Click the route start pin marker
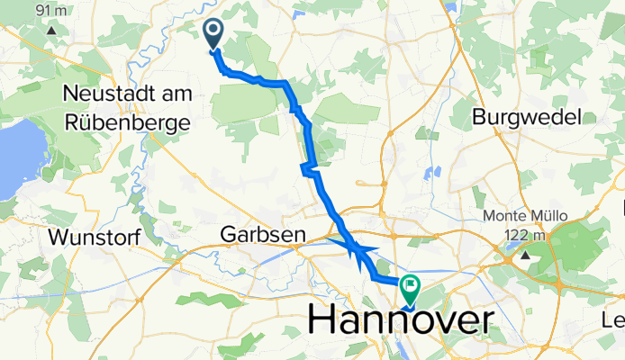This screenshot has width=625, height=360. tap(214, 35)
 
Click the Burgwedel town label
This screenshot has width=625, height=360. tap(528, 117)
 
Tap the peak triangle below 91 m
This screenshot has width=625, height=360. tap(52, 29)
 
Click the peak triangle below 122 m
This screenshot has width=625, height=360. tap(522, 255)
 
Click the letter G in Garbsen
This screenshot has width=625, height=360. tap(229, 235)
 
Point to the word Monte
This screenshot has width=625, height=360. tap(505, 216)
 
